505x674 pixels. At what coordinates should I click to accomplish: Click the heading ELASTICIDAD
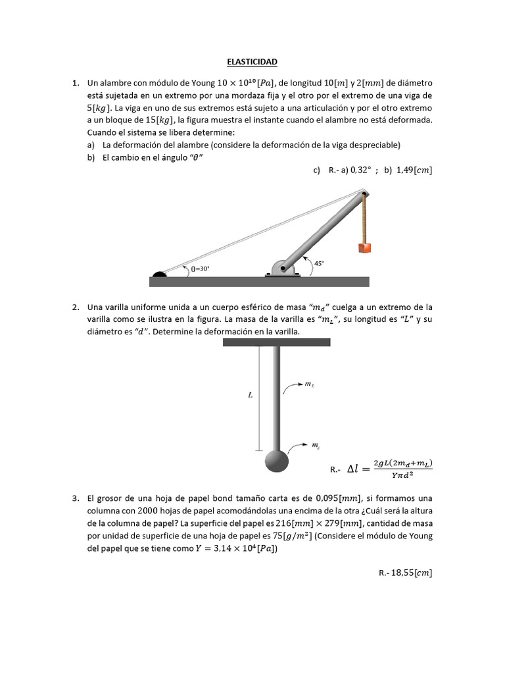coord(252,62)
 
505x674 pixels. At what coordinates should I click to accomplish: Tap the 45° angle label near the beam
coord(319,263)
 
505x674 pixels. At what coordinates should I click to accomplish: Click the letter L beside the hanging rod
coord(251,397)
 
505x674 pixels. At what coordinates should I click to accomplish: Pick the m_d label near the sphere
coord(315,446)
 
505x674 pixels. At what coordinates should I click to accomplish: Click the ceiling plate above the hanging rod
coord(276,342)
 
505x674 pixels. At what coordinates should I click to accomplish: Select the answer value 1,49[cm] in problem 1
coord(414,170)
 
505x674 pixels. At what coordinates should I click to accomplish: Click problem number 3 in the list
coord(76,498)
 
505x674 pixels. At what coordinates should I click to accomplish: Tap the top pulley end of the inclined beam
coord(363,192)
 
